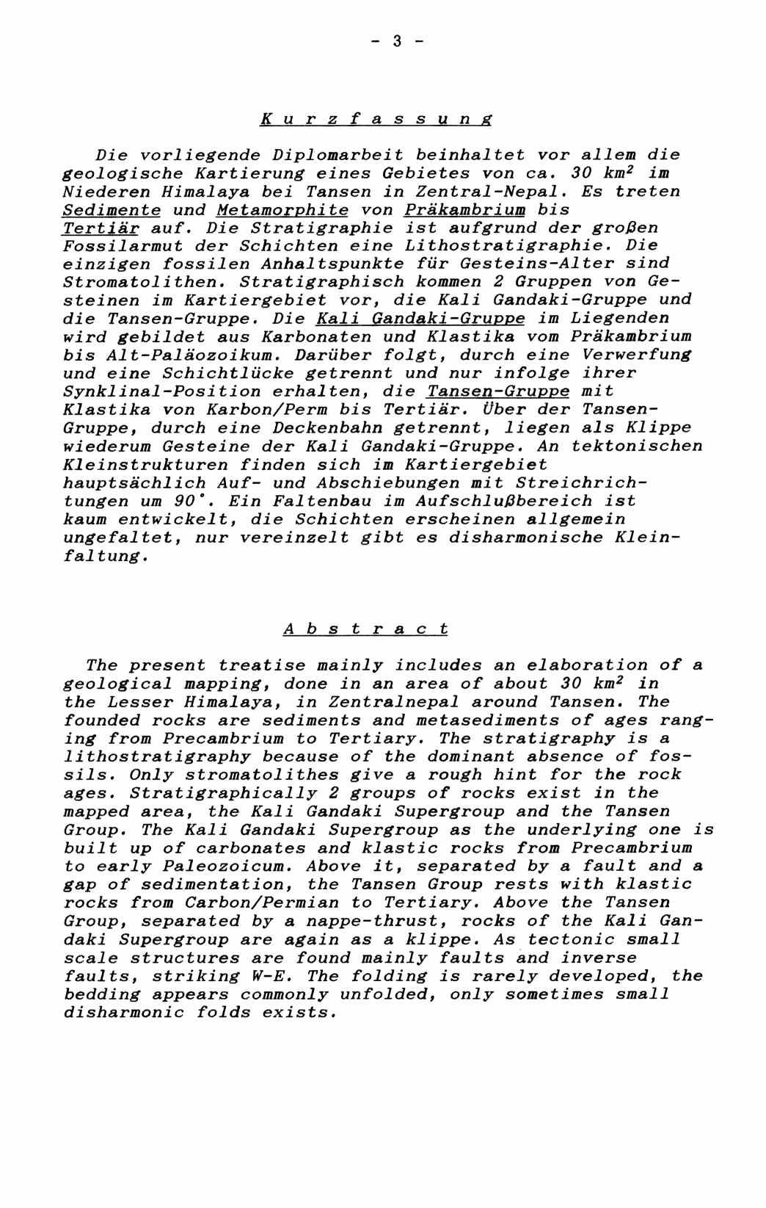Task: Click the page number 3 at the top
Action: click(x=397, y=41)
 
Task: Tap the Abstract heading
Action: click(x=365, y=629)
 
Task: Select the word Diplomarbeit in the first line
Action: click(x=338, y=155)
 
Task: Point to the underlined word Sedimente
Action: click(x=112, y=209)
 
